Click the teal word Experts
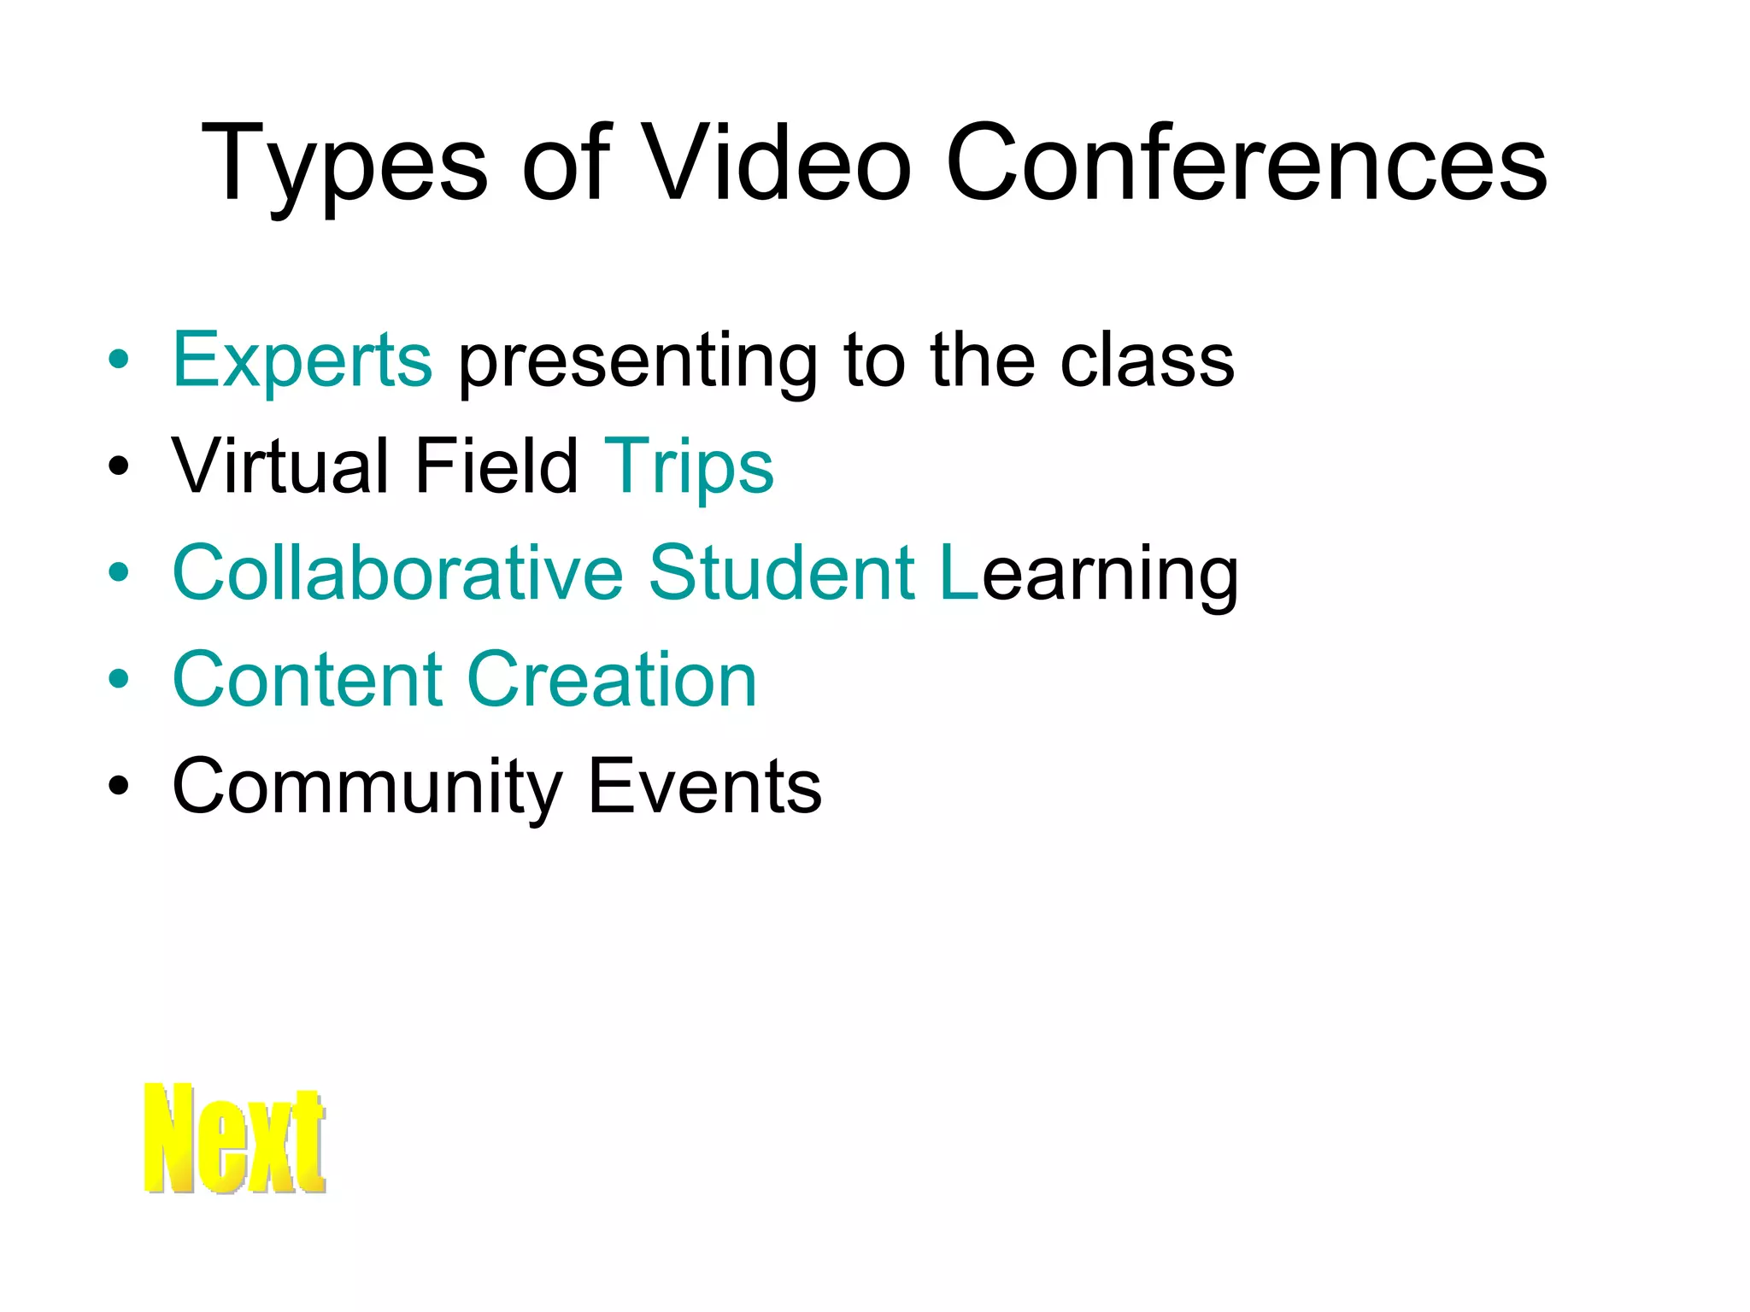302,360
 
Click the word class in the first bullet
1147,360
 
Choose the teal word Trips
689,468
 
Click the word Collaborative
398,573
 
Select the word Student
783,573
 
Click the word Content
308,680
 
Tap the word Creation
612,680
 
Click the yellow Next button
235,1138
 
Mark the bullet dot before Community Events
119,787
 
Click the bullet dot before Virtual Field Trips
119,467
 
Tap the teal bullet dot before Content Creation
119,680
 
